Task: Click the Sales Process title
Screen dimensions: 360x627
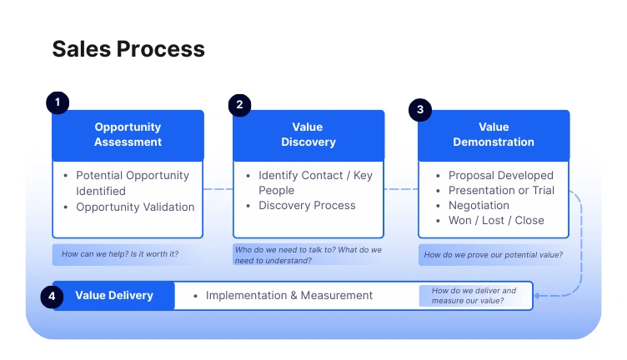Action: [128, 49]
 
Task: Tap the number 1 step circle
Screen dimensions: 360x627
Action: [57, 102]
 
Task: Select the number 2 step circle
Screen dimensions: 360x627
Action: [239, 105]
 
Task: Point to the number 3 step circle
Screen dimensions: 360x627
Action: [419, 109]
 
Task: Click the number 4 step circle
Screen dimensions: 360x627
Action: [52, 296]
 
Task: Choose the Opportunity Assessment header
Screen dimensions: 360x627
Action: [128, 135]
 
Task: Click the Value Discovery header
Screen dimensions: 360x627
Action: [308, 135]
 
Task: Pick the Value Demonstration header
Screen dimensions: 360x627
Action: [494, 135]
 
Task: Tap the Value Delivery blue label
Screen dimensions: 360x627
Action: [114, 295]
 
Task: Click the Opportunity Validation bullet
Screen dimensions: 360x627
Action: [135, 207]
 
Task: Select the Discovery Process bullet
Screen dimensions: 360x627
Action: [307, 205]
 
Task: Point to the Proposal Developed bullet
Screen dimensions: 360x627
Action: [500, 175]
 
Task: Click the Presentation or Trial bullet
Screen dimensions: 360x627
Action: [501, 190]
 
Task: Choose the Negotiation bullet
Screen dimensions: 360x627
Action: [479, 205]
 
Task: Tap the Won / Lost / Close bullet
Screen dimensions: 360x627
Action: [496, 220]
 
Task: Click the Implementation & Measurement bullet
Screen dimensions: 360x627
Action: [288, 295]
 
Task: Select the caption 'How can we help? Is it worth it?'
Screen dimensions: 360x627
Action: [126, 254]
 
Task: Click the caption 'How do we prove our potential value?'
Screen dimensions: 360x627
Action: [493, 255]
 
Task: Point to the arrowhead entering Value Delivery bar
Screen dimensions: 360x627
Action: [539, 295]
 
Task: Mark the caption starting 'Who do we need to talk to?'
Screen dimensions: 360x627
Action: [308, 254]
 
